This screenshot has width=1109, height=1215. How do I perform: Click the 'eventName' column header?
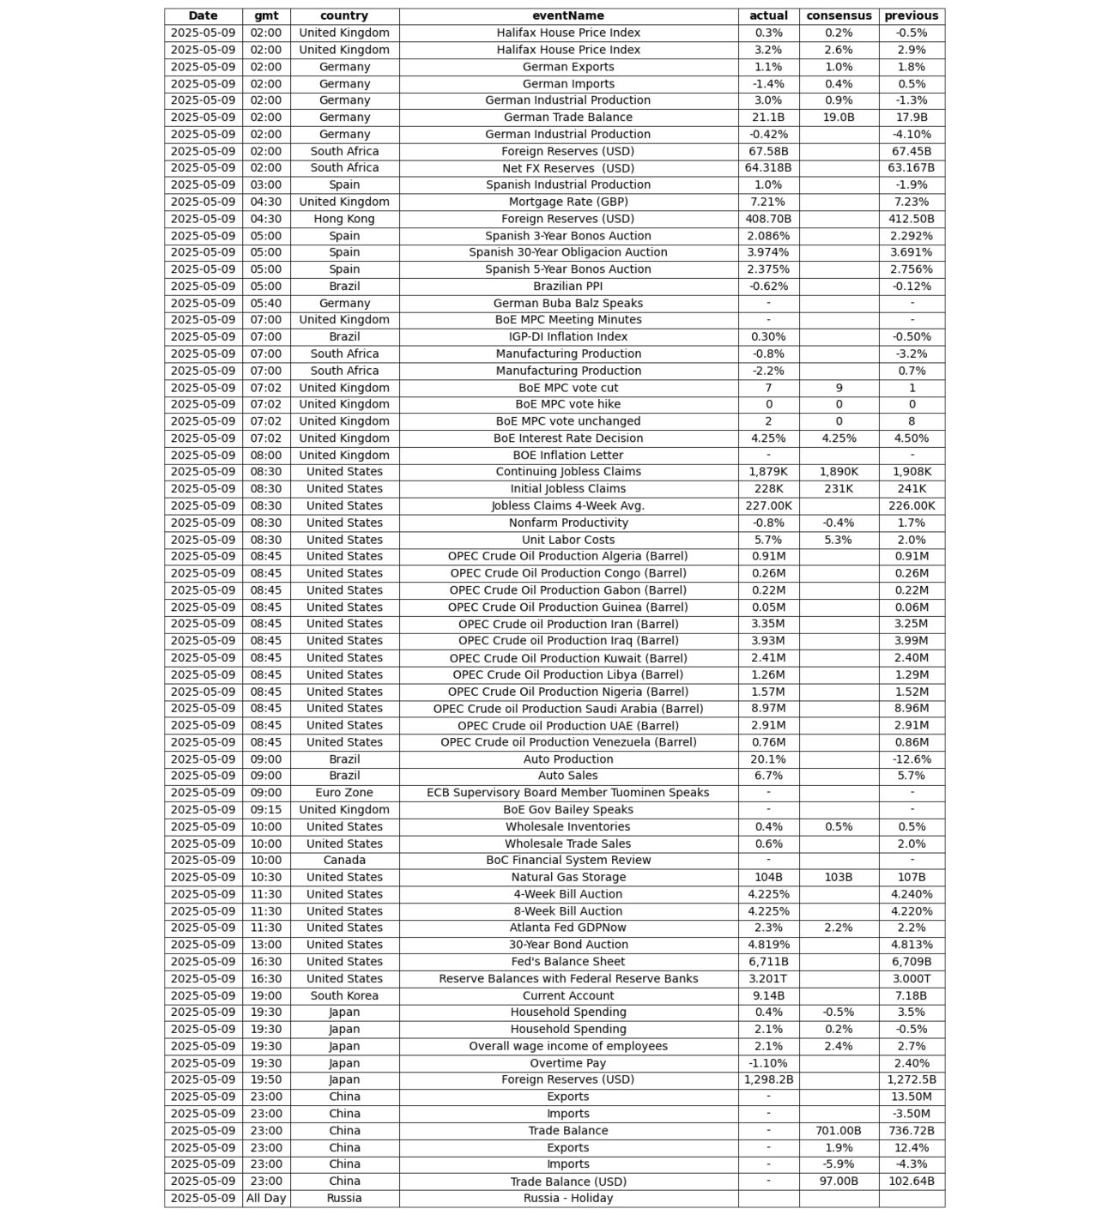[x=567, y=15]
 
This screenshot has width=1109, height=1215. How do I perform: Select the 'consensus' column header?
[x=839, y=15]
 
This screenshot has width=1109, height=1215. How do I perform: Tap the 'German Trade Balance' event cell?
[x=567, y=118]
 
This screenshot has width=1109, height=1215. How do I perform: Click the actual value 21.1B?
[x=768, y=118]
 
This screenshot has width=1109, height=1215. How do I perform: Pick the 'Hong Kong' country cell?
[x=344, y=219]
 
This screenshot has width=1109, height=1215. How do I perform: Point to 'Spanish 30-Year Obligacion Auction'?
[x=567, y=252]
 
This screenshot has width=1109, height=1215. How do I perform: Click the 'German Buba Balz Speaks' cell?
[x=567, y=303]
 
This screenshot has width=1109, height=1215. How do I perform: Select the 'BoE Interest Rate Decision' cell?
[x=567, y=438]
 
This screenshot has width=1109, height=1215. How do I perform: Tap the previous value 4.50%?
[x=912, y=438]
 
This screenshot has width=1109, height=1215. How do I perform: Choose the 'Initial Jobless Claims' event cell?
[x=567, y=489]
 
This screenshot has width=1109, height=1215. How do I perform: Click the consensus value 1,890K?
[x=839, y=472]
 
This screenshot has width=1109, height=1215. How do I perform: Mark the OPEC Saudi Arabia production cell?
[x=567, y=709]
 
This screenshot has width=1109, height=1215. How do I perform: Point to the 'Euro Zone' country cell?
[x=344, y=793]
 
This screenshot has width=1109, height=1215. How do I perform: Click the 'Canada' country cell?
[x=344, y=861]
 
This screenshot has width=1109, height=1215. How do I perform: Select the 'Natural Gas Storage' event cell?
[x=567, y=877]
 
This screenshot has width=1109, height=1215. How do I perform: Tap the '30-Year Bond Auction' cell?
[x=567, y=945]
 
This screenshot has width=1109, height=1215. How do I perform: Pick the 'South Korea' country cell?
[x=344, y=995]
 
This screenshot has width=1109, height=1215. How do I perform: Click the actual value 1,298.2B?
[x=768, y=1079]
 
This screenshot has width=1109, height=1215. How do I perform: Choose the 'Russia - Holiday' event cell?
[x=567, y=1198]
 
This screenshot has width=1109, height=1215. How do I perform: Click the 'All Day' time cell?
[x=266, y=1198]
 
